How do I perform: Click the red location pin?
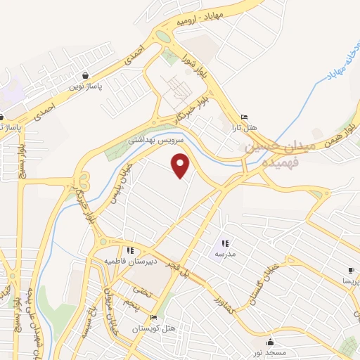[x=181, y=166]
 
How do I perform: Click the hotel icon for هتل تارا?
[x=244, y=117]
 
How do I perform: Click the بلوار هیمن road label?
[x=339, y=131]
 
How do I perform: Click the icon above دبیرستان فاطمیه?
[x=130, y=250]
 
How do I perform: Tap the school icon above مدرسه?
[x=225, y=243]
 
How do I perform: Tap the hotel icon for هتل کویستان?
[x=153, y=317]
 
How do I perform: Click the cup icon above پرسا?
[x=351, y=270]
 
